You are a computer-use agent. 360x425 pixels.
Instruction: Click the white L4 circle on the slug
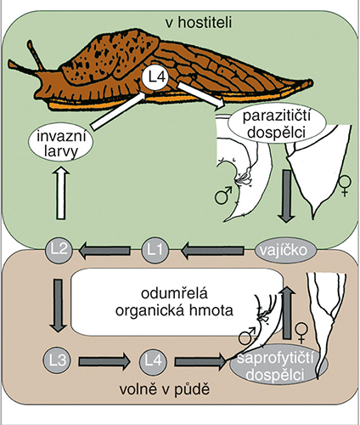(x=155, y=77)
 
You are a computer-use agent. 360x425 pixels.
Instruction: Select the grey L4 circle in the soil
(x=153, y=360)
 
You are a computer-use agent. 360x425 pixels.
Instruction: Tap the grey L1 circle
(x=155, y=250)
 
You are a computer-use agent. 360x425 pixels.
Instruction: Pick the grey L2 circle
(x=59, y=250)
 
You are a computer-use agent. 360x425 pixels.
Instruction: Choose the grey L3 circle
(x=58, y=360)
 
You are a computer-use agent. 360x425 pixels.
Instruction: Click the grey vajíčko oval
(x=284, y=251)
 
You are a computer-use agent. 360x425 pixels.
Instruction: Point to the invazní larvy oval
(x=61, y=144)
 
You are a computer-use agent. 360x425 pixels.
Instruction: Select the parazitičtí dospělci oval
(x=276, y=125)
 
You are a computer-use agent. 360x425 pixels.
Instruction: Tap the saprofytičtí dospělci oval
(x=278, y=365)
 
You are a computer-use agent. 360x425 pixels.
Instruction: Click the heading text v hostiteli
(x=199, y=22)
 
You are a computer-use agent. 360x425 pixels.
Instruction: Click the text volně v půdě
(x=165, y=389)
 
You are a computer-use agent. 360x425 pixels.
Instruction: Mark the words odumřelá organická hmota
(x=174, y=302)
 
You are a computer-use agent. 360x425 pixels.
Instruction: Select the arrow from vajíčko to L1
(x=213, y=251)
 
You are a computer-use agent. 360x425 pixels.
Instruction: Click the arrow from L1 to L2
(x=105, y=251)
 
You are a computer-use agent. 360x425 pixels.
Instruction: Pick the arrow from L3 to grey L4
(x=104, y=361)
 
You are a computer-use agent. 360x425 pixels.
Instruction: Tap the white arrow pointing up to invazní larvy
(x=60, y=193)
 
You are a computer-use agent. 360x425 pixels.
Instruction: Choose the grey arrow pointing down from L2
(x=59, y=305)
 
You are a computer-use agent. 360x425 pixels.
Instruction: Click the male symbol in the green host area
(x=223, y=195)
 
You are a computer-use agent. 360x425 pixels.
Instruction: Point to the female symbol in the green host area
(x=346, y=186)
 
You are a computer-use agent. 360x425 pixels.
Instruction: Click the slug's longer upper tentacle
(x=35, y=55)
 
